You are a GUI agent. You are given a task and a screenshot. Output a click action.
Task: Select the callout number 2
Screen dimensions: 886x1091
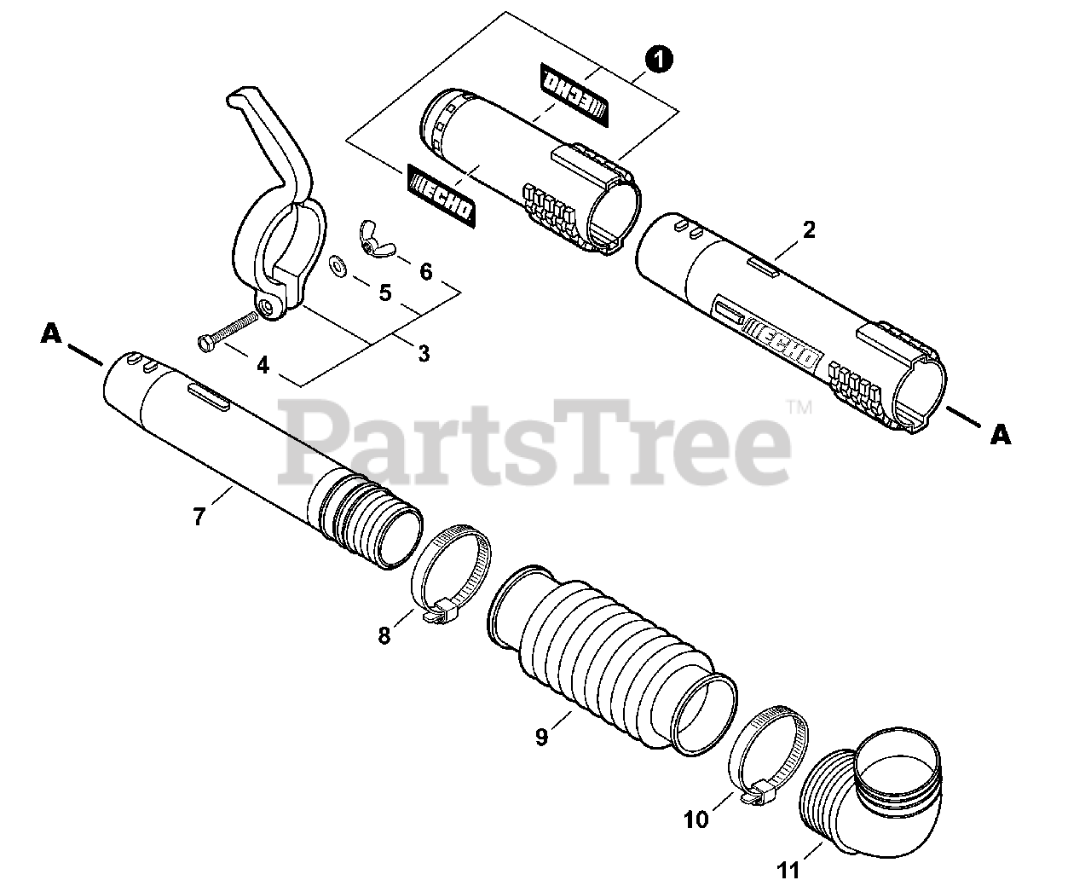coord(809,229)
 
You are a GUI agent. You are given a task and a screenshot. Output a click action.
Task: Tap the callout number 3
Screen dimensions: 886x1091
coord(424,353)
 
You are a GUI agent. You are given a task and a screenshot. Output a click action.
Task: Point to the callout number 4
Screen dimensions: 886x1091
coord(263,365)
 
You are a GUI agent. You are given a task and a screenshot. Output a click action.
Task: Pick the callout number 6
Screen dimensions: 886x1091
coord(426,271)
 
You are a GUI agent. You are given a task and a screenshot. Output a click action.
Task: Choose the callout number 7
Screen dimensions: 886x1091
coord(199,516)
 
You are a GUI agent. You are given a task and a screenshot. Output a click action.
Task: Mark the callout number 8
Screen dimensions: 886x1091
coord(384,635)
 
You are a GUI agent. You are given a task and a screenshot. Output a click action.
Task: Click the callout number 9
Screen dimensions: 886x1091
coord(542,737)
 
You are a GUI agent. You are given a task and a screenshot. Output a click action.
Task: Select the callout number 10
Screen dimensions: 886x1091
coord(696,820)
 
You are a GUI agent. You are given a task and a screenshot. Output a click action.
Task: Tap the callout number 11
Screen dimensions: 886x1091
coord(789,871)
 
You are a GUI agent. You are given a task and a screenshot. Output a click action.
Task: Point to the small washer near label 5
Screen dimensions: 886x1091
coord(338,267)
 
